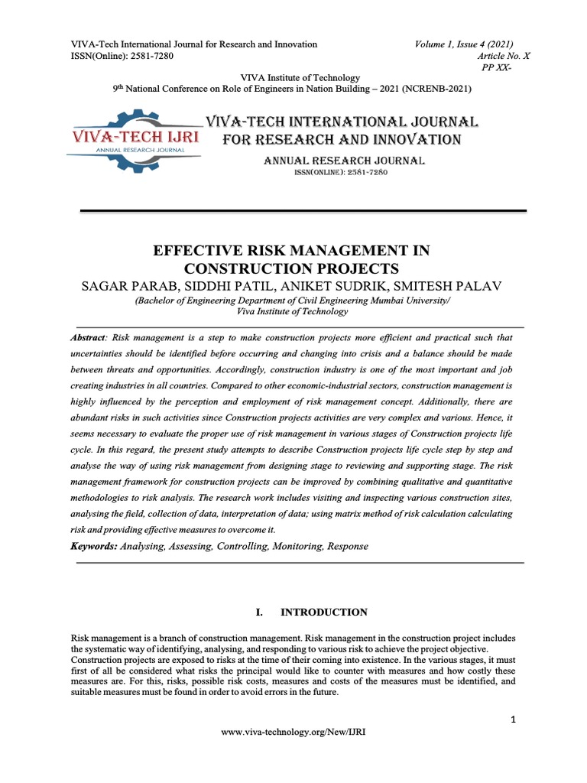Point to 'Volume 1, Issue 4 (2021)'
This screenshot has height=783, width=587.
[464, 44]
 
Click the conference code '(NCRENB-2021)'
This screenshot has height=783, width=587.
[439, 89]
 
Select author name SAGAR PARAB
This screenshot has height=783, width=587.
[123, 286]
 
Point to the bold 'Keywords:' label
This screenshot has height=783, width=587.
[94, 547]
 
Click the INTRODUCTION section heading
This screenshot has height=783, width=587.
[324, 612]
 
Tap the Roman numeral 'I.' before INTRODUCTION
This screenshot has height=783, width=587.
[258, 612]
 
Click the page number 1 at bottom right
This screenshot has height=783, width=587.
[514, 720]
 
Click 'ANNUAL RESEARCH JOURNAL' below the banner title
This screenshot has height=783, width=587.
[344, 161]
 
